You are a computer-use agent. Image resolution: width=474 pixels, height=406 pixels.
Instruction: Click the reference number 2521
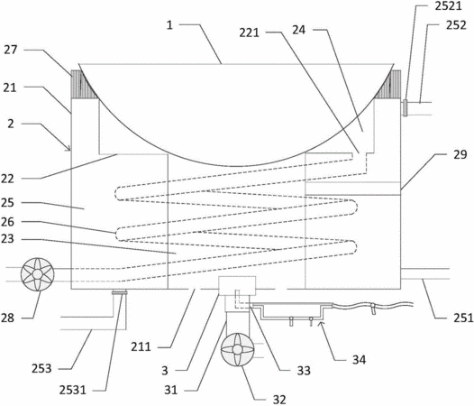click(x=448, y=6)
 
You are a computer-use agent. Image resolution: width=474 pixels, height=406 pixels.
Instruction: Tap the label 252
click(x=456, y=25)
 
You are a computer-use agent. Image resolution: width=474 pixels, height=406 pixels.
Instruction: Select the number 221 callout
click(x=249, y=32)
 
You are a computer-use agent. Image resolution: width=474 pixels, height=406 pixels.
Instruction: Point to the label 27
click(x=11, y=50)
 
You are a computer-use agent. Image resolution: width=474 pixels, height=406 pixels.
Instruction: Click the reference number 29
click(x=460, y=154)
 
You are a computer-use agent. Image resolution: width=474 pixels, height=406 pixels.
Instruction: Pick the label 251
click(x=463, y=318)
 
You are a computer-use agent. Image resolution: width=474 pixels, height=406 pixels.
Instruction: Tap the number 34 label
click(x=359, y=360)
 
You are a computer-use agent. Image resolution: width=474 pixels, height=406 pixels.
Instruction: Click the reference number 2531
click(x=73, y=390)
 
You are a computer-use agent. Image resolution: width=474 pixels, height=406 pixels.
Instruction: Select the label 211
click(x=141, y=346)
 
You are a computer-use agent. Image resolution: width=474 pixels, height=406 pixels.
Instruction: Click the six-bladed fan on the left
click(x=38, y=274)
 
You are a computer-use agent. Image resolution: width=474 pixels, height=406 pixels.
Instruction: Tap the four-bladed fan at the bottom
click(x=238, y=350)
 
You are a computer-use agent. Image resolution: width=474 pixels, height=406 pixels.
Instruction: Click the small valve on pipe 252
click(x=406, y=107)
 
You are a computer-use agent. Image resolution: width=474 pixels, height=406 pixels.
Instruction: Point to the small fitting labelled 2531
click(x=120, y=292)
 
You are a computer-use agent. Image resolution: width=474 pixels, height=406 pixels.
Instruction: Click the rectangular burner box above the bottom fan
click(x=237, y=285)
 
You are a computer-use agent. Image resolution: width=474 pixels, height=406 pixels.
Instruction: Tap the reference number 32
click(x=279, y=400)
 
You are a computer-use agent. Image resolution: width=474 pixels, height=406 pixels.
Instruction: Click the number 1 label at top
click(x=169, y=25)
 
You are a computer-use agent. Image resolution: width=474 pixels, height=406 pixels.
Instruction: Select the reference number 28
click(x=7, y=318)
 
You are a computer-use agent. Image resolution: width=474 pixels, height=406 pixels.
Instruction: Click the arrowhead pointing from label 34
click(x=321, y=324)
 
